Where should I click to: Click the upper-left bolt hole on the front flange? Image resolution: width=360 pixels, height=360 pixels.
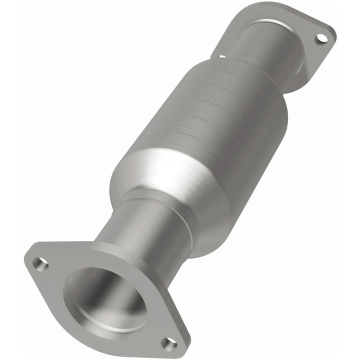pos(40,263)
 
